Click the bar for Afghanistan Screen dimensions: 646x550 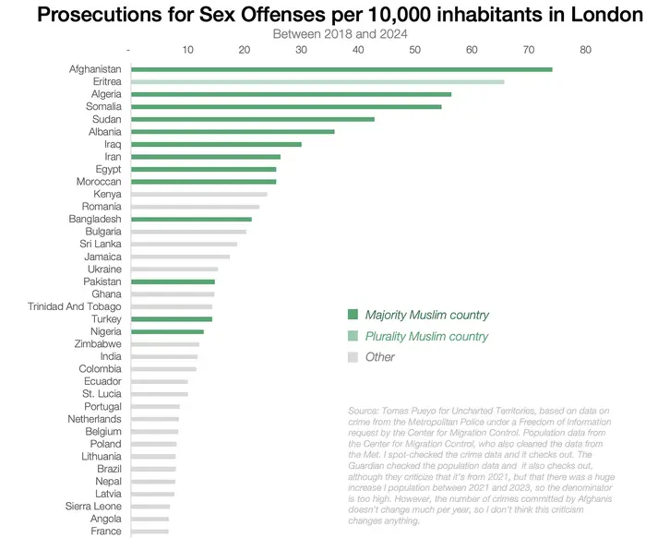click(x=341, y=69)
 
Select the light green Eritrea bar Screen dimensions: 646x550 click(x=317, y=82)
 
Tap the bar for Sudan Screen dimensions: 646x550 click(x=253, y=119)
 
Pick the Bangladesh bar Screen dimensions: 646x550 click(x=192, y=220)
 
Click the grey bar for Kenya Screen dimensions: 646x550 click(x=199, y=194)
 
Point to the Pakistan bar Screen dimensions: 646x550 click(x=173, y=281)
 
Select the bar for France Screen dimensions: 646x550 click(x=150, y=532)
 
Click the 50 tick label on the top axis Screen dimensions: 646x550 click(x=415, y=50)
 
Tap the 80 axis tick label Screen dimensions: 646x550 click(x=585, y=50)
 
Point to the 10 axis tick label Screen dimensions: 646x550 click(x=188, y=50)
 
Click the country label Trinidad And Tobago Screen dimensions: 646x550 click(x=75, y=307)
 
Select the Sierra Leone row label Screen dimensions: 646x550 click(x=93, y=507)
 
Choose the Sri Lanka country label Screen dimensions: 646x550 click(x=101, y=244)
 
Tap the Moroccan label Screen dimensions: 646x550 click(x=99, y=182)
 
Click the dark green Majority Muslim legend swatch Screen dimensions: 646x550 click(x=353, y=315)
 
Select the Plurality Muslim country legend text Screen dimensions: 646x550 click(x=426, y=337)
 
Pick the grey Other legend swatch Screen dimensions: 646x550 click(x=353, y=357)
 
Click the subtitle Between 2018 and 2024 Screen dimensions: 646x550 click(x=340, y=34)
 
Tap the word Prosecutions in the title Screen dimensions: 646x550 click(x=100, y=15)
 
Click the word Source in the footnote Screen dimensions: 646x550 click(x=363, y=411)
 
